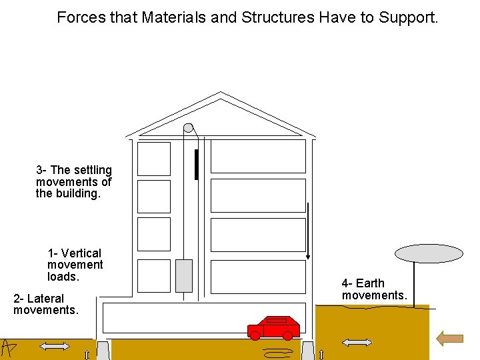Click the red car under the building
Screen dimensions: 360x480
(x=274, y=327)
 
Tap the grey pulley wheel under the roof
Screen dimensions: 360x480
(x=189, y=127)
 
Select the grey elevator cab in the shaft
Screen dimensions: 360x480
(x=183, y=275)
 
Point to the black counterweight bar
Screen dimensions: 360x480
(x=196, y=165)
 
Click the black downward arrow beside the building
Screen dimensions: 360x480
(x=308, y=231)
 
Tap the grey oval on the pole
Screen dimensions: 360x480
(x=429, y=253)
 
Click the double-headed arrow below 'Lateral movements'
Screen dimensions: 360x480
(x=55, y=346)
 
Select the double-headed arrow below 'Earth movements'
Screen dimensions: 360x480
(x=357, y=343)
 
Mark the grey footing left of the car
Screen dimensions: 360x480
(x=103, y=350)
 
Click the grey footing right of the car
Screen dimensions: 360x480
(x=307, y=350)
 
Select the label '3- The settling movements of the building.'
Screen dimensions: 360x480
(x=74, y=182)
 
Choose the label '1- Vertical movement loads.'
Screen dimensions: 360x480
(x=75, y=265)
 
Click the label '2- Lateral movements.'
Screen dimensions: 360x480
(x=46, y=304)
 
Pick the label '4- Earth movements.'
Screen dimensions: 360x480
(x=374, y=289)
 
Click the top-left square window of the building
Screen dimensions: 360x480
(x=154, y=159)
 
